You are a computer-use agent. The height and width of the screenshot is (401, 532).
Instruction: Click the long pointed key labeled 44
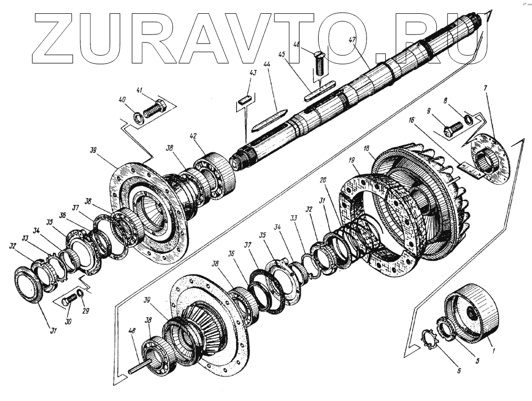269,121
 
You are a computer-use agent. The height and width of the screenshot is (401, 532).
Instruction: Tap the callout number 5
477,362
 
